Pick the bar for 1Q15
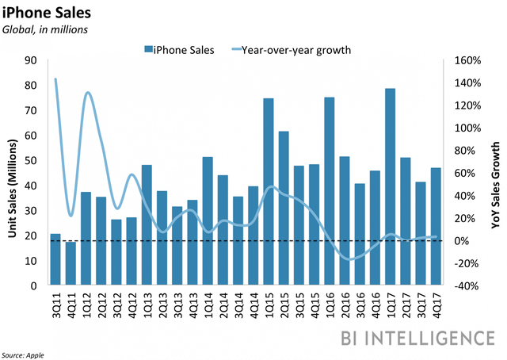pos(269,191)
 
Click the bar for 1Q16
pos(330,190)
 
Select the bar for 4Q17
pos(435,226)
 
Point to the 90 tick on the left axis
pos(33,60)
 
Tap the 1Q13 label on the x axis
pos(147,306)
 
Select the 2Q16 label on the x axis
pos(345,306)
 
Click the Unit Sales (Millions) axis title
pos(13,172)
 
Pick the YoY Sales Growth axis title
pos(497,172)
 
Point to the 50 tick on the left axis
pos(33,160)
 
